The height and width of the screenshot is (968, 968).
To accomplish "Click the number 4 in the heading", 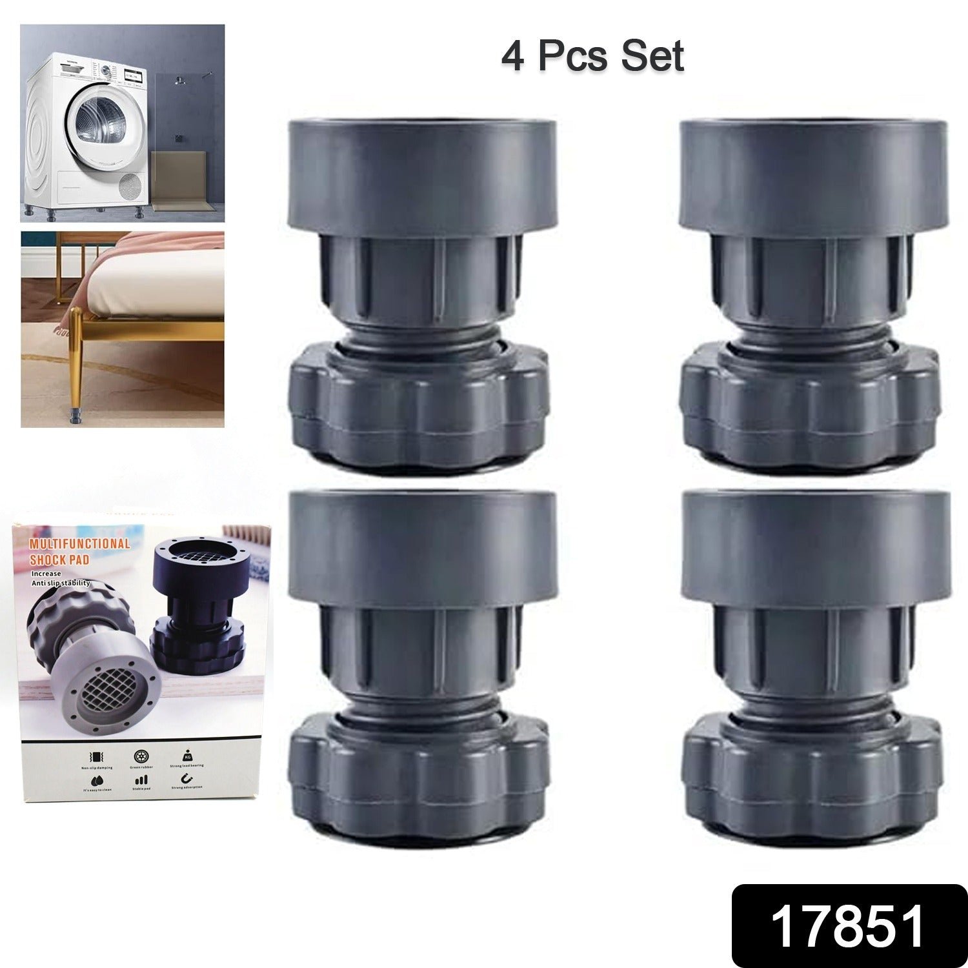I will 512,57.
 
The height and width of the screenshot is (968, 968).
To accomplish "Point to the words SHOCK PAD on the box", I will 59,559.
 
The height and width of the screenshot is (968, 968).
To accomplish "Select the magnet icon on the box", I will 187,778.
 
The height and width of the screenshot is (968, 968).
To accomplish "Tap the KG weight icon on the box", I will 187,754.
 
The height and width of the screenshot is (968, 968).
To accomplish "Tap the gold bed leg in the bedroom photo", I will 77,361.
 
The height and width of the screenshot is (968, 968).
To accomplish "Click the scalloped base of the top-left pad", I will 419,407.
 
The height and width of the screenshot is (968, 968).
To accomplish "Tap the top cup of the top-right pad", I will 814,174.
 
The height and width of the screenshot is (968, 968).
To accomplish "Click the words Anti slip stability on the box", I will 61,583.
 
